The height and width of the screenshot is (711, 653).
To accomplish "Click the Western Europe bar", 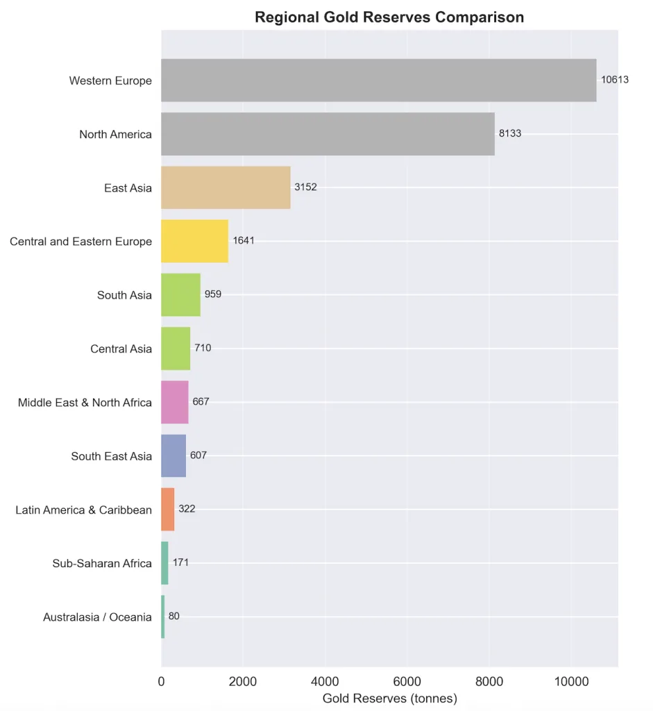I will [x=378, y=81].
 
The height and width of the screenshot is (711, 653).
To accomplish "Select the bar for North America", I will [x=328, y=134].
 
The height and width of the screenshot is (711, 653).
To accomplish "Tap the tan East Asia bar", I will [x=226, y=187].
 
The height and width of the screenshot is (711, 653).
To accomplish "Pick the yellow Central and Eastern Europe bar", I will [x=194, y=241].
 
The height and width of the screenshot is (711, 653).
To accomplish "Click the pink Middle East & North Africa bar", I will [x=174, y=402].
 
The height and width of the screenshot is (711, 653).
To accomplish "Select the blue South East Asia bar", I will [x=173, y=455].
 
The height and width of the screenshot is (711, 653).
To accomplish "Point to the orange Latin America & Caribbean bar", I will [x=167, y=509].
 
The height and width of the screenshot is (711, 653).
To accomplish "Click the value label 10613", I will [x=615, y=80].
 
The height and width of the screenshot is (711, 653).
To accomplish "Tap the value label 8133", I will [x=510, y=133].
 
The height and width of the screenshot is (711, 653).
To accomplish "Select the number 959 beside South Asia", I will [x=213, y=294].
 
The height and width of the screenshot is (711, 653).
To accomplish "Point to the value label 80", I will [x=174, y=617].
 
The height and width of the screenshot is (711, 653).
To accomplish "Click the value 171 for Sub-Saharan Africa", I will [x=180, y=562].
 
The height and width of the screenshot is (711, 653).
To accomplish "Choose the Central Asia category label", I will [x=121, y=349].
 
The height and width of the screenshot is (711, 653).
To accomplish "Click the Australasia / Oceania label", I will [x=97, y=617].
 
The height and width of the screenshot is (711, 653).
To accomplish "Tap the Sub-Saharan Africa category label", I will [x=102, y=563].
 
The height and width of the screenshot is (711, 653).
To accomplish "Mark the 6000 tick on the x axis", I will [x=407, y=682].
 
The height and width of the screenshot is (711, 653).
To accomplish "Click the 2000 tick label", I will [x=243, y=682].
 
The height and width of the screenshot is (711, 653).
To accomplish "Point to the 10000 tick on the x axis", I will [x=570, y=682].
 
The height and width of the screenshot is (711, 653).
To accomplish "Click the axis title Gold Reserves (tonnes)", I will [x=389, y=698].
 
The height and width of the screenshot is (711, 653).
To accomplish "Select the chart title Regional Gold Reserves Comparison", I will [x=389, y=17].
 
